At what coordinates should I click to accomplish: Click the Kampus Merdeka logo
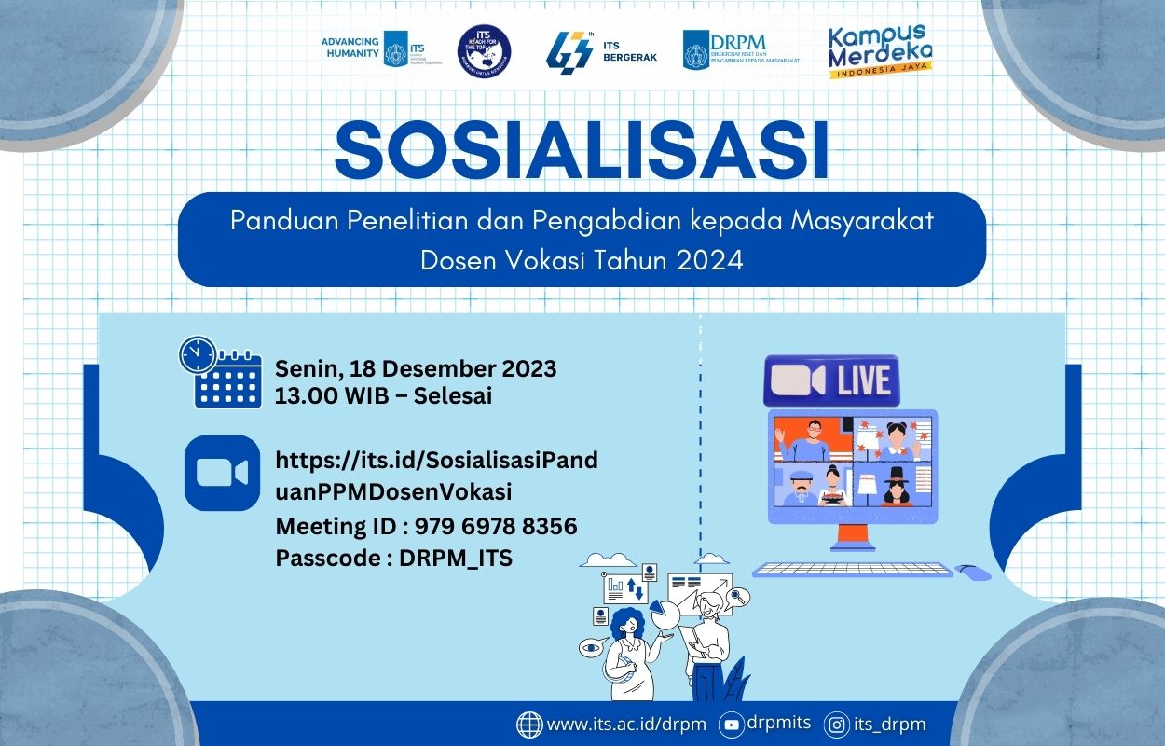tap(880, 51)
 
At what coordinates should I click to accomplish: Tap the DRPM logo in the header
tap(741, 49)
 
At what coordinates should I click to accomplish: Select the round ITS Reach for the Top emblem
tap(484, 50)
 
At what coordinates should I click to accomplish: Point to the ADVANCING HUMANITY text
tap(349, 48)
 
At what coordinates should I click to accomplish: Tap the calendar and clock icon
tap(220, 372)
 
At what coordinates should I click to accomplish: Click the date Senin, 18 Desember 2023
tap(416, 368)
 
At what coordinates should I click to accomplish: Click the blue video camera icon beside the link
tap(222, 473)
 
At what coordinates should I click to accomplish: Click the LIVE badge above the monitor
tap(831, 380)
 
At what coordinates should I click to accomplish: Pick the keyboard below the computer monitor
tap(852, 569)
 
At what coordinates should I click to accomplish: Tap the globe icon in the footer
tap(529, 725)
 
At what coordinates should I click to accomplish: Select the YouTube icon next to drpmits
tap(732, 725)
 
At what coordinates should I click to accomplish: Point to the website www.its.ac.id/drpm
tap(626, 725)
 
